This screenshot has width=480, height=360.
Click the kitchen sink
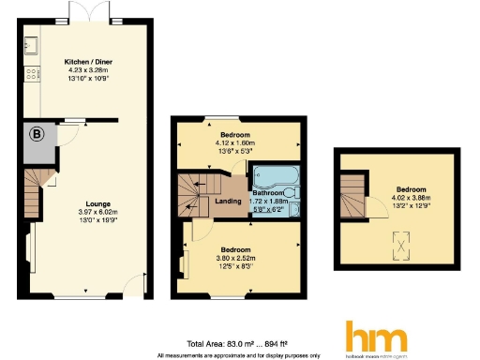click(x=31, y=44)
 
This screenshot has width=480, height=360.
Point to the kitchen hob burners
click(x=31, y=72)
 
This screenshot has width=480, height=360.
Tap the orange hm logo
click(x=376, y=337)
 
